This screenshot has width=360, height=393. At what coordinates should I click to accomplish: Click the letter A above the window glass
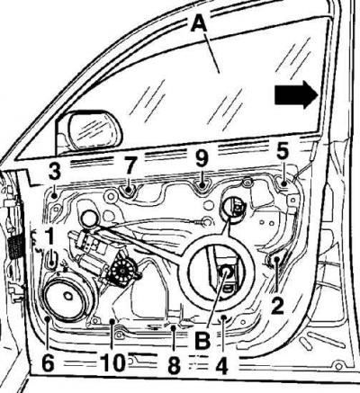click(x=200, y=23)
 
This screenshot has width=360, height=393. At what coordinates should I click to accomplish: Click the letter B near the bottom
click(x=202, y=340)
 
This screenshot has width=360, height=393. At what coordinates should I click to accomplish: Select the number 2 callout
click(x=277, y=305)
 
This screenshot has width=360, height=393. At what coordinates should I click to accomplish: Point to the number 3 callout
click(x=54, y=171)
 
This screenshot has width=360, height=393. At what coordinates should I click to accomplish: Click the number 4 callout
click(x=221, y=365)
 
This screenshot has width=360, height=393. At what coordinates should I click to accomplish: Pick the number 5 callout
click(x=283, y=151)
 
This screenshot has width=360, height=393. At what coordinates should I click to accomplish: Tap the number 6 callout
click(x=48, y=363)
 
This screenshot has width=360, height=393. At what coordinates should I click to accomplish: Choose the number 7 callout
click(x=130, y=166)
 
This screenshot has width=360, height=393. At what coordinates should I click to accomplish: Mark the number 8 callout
click(x=175, y=365)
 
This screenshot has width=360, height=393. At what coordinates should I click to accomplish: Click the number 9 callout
click(x=202, y=158)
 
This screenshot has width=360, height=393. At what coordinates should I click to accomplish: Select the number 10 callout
click(x=112, y=363)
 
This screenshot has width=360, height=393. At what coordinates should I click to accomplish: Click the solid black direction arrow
click(x=296, y=94)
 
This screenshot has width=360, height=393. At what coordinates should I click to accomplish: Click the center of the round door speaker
click(x=68, y=296)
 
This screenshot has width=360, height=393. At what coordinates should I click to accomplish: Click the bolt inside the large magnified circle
click(x=226, y=272)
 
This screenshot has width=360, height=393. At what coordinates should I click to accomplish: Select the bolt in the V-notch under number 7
click(x=130, y=189)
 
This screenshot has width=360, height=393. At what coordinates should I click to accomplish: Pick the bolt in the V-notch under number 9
click(x=202, y=185)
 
